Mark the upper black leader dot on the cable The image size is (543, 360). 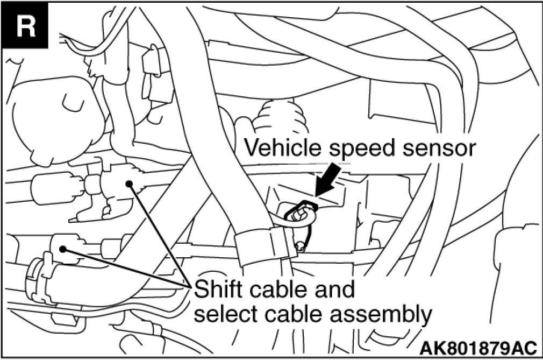click(x=129, y=184)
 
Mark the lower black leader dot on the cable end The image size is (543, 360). click(x=63, y=249)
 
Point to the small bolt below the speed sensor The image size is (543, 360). click(x=302, y=247)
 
